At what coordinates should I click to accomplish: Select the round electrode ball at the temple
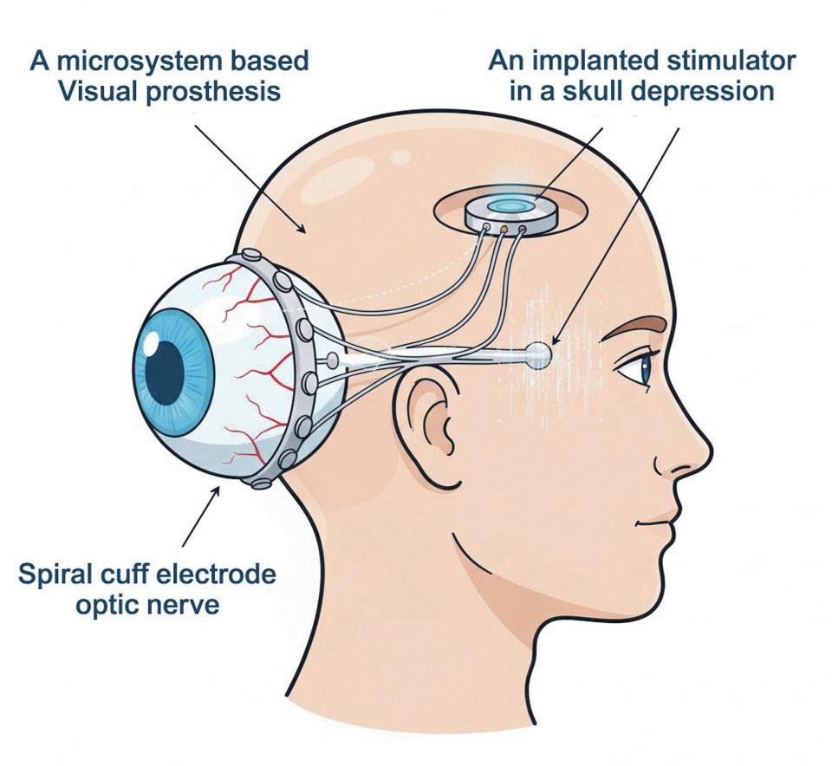point(537,352)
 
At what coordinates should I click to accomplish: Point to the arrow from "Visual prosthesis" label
point(251,178)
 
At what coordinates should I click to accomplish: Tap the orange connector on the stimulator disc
point(503,230)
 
